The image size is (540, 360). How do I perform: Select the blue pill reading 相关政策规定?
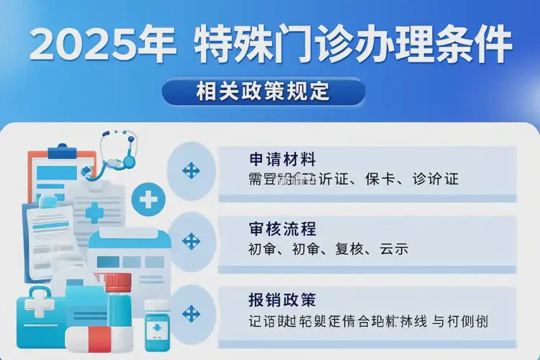click(263, 92)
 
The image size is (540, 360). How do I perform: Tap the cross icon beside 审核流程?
click(191, 240)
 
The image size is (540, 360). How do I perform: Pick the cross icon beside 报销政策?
click(191, 314)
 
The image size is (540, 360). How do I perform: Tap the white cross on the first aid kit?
click(40, 307)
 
